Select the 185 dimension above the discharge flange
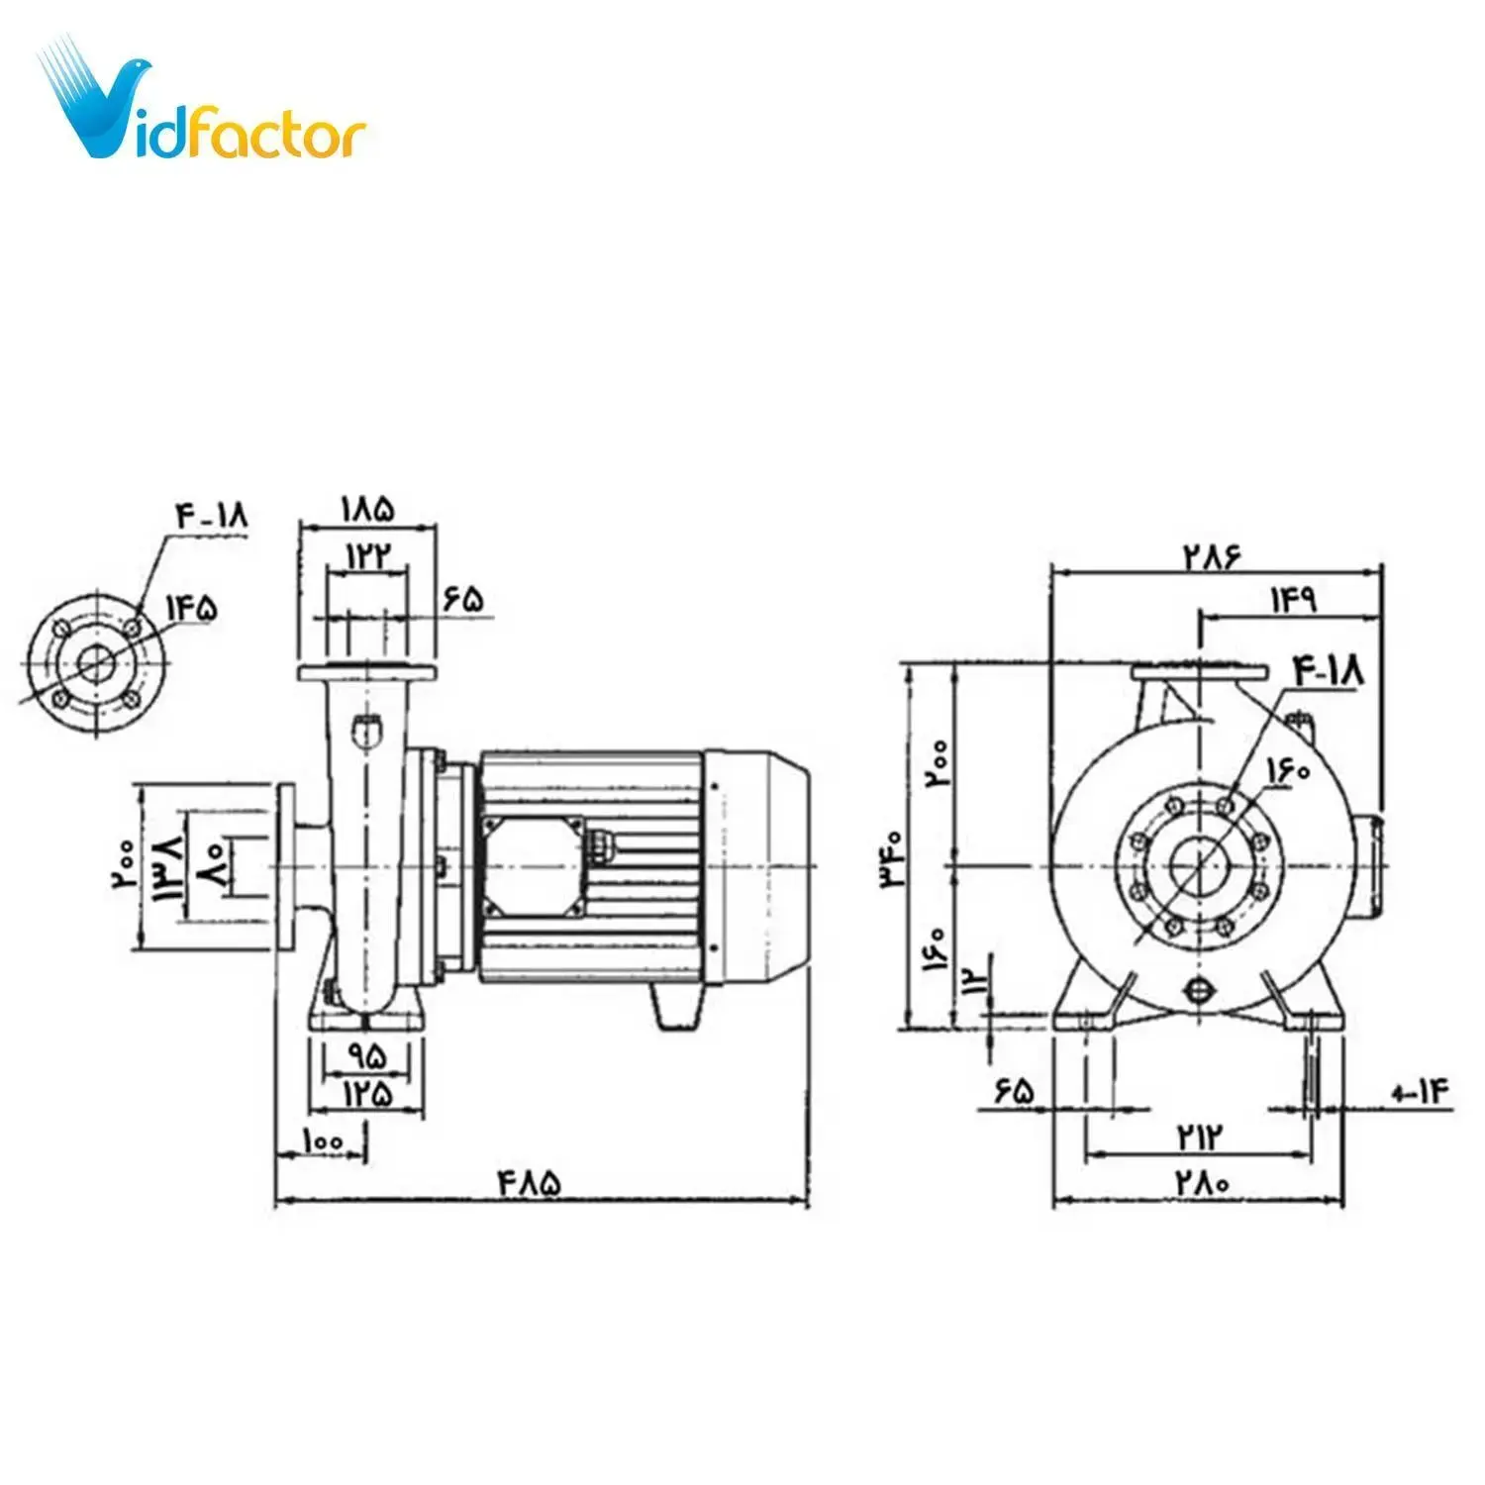click(367, 509)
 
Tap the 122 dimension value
click(366, 555)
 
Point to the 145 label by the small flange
click(191, 607)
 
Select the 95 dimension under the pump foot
click(366, 1056)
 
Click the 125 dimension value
click(367, 1093)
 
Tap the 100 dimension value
click(323, 1140)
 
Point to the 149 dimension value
click(1293, 601)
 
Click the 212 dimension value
click(1200, 1136)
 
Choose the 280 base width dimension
click(1202, 1182)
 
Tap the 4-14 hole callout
click(1420, 1093)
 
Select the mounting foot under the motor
click(677, 1007)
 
